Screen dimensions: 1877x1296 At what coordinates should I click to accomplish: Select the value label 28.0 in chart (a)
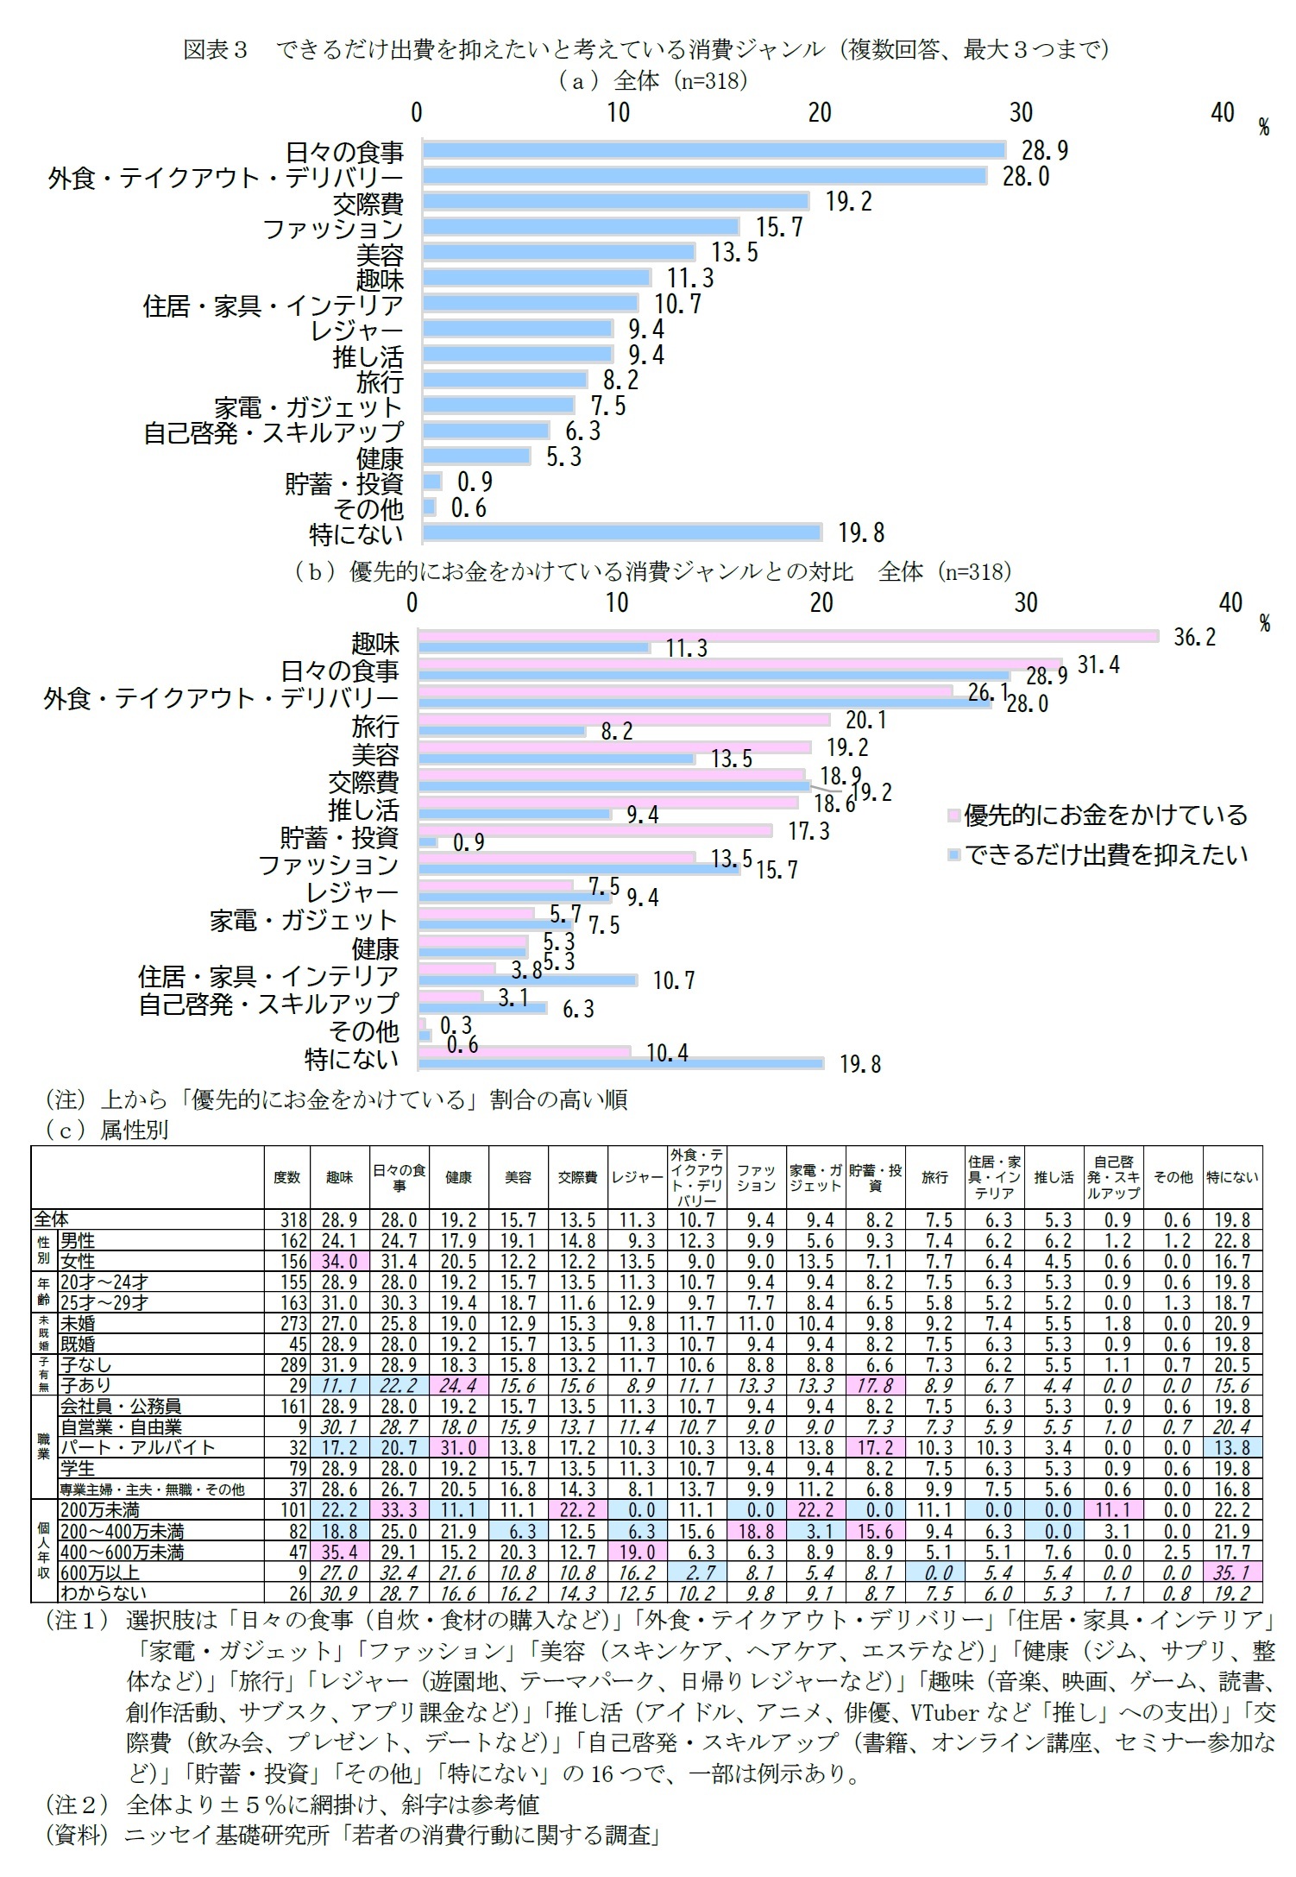click(1025, 177)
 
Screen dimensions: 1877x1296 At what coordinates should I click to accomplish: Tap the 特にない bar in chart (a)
click(621, 532)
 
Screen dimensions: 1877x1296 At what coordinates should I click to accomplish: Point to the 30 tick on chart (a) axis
click(1021, 112)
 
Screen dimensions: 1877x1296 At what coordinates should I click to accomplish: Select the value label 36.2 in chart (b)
click(1194, 637)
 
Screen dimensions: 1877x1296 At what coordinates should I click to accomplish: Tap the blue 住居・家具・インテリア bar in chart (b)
click(527, 979)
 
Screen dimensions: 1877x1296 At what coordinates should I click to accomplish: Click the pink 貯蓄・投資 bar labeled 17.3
click(595, 830)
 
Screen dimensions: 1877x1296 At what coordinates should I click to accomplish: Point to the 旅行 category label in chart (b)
click(374, 726)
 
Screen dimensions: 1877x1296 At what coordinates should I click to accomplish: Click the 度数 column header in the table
click(286, 1178)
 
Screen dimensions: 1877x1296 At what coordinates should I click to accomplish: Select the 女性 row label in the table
click(78, 1261)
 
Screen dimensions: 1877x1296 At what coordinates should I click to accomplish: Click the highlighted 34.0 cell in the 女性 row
click(339, 1261)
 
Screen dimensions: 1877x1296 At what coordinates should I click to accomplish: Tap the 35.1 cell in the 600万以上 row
click(1232, 1572)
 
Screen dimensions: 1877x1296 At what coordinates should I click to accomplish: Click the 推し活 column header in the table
click(1054, 1178)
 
